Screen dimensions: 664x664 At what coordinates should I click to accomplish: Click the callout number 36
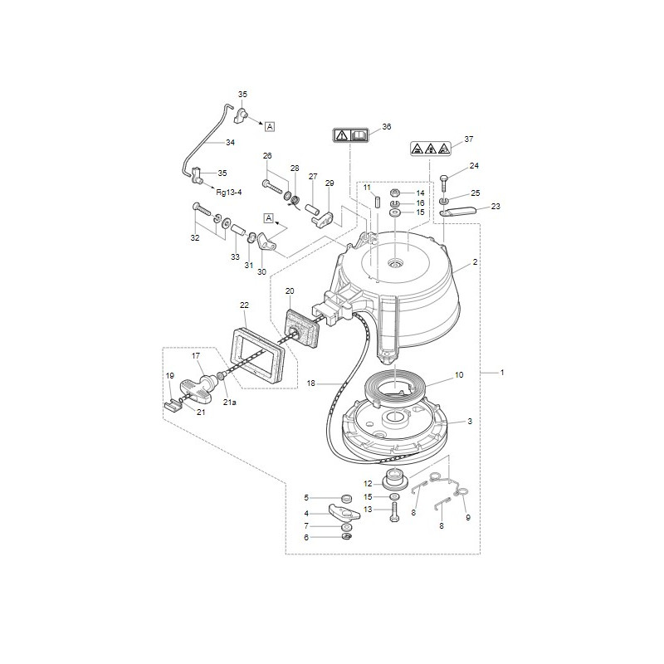click(x=387, y=127)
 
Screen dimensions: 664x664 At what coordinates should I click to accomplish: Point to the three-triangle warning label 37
click(x=430, y=148)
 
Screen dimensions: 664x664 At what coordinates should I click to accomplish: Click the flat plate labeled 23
click(x=459, y=211)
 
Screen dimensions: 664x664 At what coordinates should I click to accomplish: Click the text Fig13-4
click(x=229, y=193)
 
